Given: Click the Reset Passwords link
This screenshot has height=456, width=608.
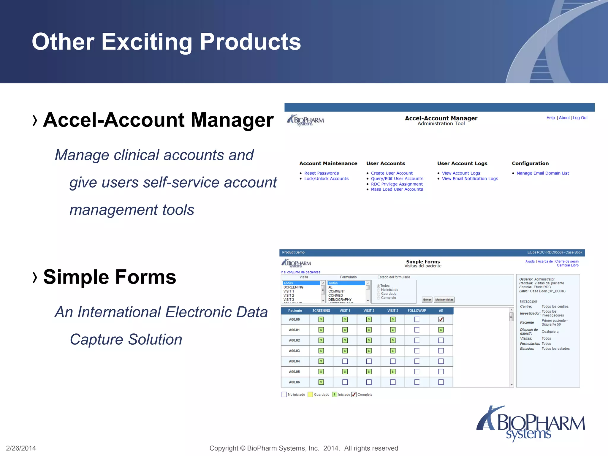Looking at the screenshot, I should (321, 173).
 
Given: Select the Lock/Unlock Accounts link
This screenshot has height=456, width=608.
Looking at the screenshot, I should (326, 178).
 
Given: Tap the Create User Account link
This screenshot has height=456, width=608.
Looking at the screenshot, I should (392, 173).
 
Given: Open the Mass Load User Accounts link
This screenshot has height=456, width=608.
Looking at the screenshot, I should (397, 189).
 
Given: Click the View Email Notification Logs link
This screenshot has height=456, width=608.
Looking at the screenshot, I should (470, 178).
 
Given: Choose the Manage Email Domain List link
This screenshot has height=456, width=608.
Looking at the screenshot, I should (542, 173).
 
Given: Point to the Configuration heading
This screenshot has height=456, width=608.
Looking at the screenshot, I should (530, 163).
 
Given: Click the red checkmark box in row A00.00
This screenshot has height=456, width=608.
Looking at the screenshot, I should (441, 319).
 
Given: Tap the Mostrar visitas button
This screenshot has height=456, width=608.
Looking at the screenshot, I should (444, 300).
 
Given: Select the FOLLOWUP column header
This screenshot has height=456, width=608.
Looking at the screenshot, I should (417, 311).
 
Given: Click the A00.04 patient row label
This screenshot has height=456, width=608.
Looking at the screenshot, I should (294, 361).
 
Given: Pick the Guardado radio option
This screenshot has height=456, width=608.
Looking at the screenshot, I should (379, 294).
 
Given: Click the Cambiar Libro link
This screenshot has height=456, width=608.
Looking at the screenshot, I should (567, 265).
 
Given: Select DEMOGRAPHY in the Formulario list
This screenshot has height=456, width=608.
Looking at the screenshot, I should (340, 300).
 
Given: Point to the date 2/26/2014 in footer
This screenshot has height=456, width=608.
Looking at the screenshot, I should (21, 448).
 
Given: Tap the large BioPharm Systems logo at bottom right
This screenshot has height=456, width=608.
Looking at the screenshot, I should (531, 424).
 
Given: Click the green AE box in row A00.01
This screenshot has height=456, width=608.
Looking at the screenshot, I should (441, 330).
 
